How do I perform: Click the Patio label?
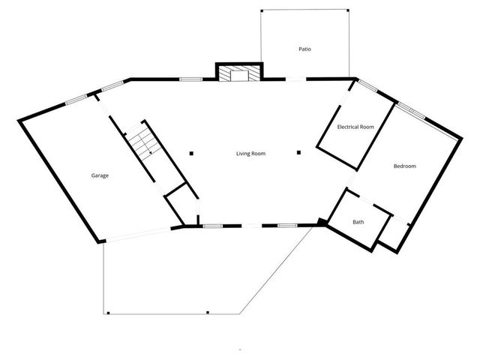[304, 49]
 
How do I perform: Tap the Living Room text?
[251, 154]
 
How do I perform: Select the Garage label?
[100, 175]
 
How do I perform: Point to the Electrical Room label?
[355, 127]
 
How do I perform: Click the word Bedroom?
[405, 166]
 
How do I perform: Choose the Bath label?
[358, 222]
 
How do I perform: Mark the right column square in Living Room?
[298, 152]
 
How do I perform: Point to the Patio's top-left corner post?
[261, 10]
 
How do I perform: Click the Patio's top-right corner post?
[348, 10]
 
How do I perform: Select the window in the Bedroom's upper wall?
[410, 110]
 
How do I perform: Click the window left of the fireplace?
[190, 78]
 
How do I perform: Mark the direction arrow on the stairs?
[150, 151]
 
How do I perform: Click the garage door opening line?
[139, 234]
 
